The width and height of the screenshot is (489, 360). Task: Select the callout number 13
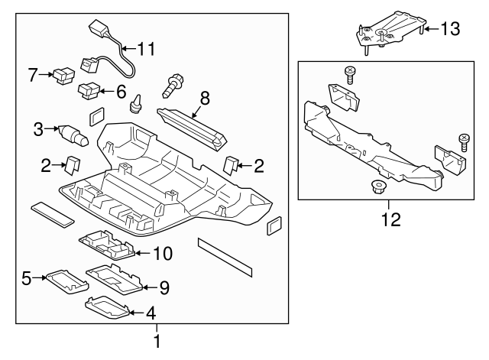point(451,29)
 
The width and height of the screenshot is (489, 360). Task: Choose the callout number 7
point(33,75)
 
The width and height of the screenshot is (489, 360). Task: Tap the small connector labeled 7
point(63,76)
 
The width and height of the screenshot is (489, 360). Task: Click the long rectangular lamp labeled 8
point(191,125)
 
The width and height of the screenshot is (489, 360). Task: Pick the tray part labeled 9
point(113,278)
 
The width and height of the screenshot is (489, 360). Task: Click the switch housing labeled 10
point(107,246)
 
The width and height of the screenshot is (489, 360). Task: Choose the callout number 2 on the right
point(259,164)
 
